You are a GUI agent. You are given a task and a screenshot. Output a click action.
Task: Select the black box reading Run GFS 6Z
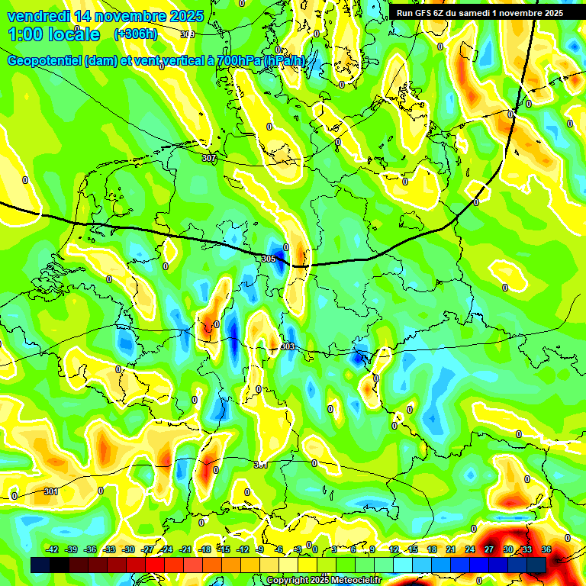click(479, 12)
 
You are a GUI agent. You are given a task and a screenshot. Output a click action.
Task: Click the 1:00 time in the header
click(26, 34)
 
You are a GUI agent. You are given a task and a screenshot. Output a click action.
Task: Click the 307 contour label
click(209, 158)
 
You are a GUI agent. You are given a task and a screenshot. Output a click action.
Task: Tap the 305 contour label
click(268, 259)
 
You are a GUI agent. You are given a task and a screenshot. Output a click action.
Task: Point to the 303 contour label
click(288, 347)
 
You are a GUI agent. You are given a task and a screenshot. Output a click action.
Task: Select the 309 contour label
click(188, 34)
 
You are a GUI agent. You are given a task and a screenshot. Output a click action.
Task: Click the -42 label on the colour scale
click(52, 550)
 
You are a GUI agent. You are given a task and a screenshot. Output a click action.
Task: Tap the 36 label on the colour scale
click(546, 550)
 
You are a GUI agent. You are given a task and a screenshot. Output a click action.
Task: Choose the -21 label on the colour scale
click(185, 550)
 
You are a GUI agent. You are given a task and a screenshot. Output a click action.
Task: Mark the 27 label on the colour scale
click(489, 550)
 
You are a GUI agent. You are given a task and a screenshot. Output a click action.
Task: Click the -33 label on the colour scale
click(109, 550)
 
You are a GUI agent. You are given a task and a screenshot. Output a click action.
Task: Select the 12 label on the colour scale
click(394, 550)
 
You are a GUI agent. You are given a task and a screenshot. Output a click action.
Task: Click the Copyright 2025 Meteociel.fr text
click(324, 580)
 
